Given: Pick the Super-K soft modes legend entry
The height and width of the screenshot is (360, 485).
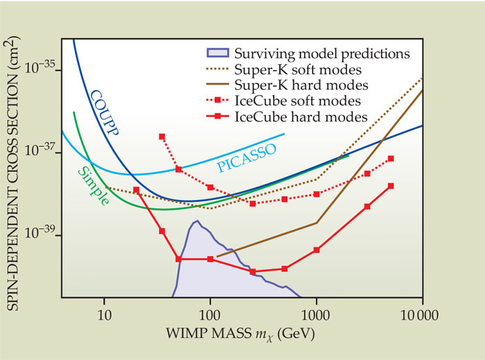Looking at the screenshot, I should point(299,69).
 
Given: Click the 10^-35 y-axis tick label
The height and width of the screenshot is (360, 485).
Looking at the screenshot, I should point(42,70).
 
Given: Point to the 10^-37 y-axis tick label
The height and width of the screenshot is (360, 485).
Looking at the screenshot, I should point(42,153).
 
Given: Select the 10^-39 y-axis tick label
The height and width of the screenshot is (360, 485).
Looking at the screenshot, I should point(42,235).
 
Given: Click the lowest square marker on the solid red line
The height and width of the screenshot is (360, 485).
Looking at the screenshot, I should point(253,271).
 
